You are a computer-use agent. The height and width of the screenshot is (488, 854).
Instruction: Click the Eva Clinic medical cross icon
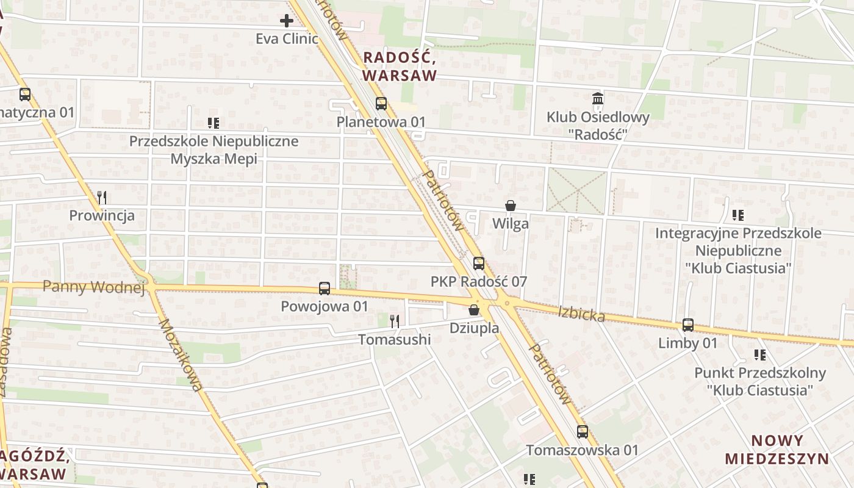286,21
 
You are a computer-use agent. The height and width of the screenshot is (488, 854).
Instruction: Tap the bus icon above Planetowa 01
381,104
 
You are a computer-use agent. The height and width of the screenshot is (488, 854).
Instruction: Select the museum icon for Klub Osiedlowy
597,98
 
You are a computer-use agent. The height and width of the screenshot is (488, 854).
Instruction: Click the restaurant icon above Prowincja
102,197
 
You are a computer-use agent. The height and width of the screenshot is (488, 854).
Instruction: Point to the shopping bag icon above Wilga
511,206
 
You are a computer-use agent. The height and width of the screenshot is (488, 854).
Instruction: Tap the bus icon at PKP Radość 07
479,264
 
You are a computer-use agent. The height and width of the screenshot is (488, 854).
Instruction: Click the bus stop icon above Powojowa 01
325,289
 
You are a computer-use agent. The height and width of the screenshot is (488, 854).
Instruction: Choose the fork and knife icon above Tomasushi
395,321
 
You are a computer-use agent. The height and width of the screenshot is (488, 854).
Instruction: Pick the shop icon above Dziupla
474,310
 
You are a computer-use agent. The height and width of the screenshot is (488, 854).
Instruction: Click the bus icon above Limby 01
688,325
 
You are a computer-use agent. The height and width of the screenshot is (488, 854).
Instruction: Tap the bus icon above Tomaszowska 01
583,432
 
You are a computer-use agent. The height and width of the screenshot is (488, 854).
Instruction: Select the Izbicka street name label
581,314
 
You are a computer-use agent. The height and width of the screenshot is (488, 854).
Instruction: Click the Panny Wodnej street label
94,287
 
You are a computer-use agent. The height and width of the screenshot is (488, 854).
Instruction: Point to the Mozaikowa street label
181,355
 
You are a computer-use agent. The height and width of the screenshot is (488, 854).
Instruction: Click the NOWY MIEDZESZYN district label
777,450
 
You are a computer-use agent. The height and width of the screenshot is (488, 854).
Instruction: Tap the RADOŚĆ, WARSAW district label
400,66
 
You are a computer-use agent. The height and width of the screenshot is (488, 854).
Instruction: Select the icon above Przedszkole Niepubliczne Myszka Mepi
213,123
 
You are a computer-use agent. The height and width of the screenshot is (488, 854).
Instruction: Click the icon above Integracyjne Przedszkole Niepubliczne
738,215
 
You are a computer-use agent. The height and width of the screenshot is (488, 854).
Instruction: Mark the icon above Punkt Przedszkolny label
760,354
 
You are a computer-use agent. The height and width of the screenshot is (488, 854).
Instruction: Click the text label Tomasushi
394,339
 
